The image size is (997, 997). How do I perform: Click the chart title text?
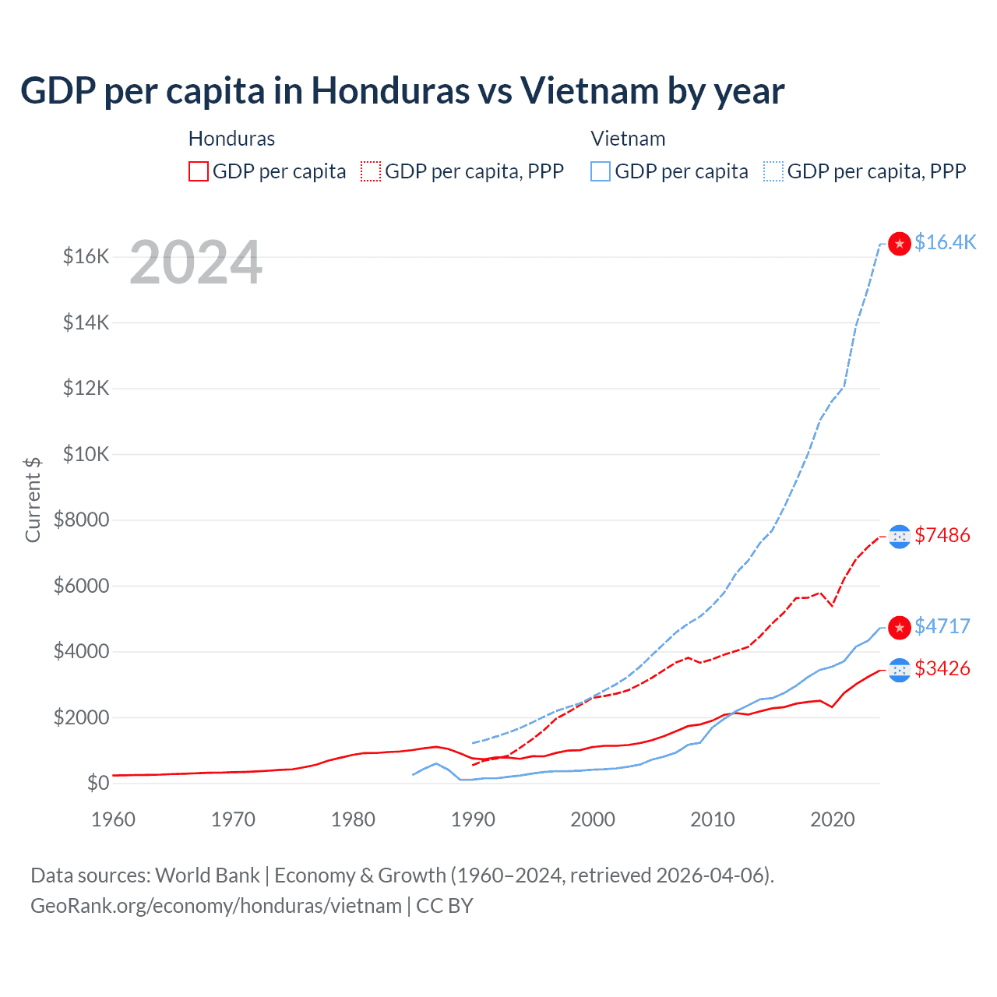tap(402, 91)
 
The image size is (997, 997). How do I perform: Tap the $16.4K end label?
tap(945, 243)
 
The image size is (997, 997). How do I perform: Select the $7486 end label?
tap(942, 536)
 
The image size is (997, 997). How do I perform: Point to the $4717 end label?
tap(942, 627)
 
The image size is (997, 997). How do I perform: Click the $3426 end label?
tap(942, 669)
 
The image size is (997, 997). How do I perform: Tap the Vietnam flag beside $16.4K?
tap(900, 244)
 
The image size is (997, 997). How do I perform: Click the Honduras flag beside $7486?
tap(900, 537)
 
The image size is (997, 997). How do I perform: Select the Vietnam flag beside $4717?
tap(900, 628)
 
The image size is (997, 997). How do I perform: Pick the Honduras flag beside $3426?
tap(900, 670)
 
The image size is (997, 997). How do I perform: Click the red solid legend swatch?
tap(199, 171)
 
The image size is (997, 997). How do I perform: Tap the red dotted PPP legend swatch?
tap(371, 171)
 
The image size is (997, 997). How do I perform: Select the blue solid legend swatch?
tap(601, 171)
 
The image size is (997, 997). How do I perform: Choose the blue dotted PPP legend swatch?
tap(773, 171)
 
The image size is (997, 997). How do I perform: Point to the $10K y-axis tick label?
tap(86, 454)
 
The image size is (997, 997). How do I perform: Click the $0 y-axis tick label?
tap(97, 784)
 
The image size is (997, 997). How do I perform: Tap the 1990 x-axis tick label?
tap(473, 819)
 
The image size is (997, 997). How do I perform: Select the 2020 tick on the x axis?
tap(833, 819)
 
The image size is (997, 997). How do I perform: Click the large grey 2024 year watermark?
tap(196, 263)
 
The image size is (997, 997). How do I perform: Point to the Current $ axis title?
tap(33, 499)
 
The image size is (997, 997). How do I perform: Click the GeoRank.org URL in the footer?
tap(216, 906)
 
